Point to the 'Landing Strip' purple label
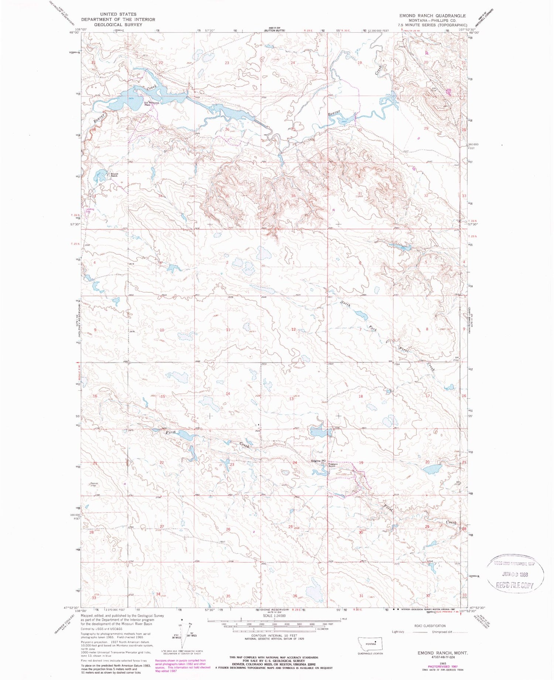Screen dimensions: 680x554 tap(90, 210)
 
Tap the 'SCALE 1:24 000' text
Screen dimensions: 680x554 tap(274, 615)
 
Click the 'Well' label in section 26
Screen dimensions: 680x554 tap(222, 542)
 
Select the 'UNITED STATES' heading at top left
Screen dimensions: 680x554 tap(118, 14)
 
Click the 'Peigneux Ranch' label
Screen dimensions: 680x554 tap(332, 465)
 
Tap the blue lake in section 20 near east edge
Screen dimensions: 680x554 tap(432, 469)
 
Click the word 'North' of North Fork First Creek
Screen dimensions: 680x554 tap(345, 305)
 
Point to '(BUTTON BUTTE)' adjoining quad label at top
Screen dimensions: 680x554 tap(274, 31)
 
